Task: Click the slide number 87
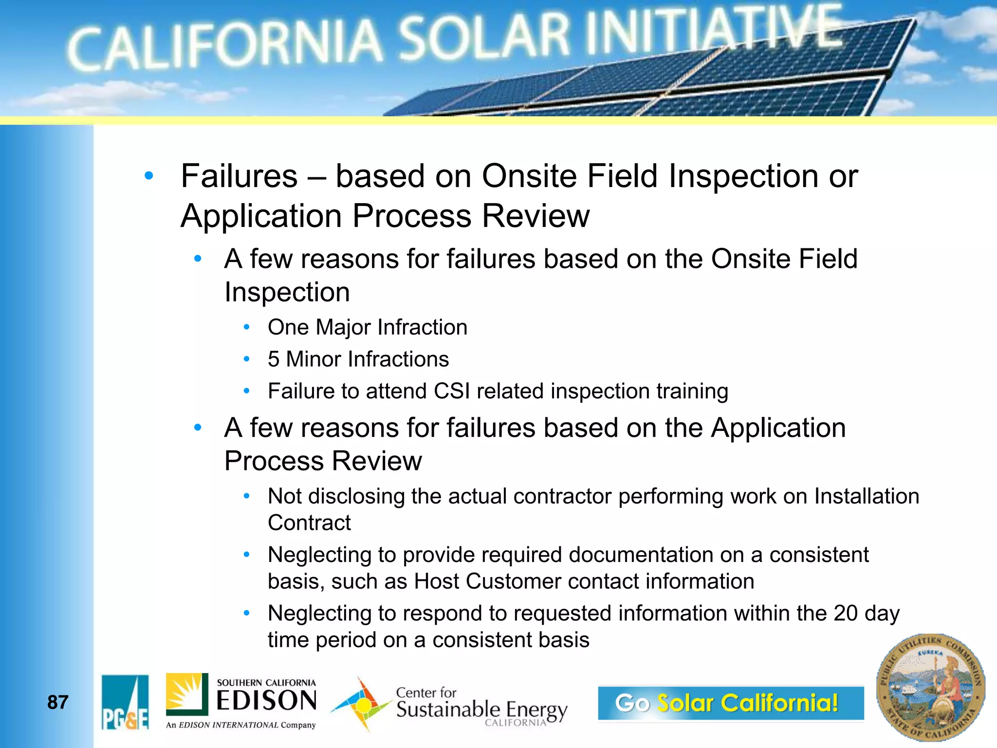click(x=57, y=702)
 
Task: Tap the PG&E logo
click(x=125, y=702)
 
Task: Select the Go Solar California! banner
click(x=731, y=703)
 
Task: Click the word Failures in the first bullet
click(x=239, y=176)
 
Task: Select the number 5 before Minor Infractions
click(x=274, y=359)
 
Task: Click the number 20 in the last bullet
click(x=845, y=613)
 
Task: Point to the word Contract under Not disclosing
click(x=309, y=523)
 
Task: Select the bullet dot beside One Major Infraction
click(x=247, y=327)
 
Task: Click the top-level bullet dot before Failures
click(x=149, y=176)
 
